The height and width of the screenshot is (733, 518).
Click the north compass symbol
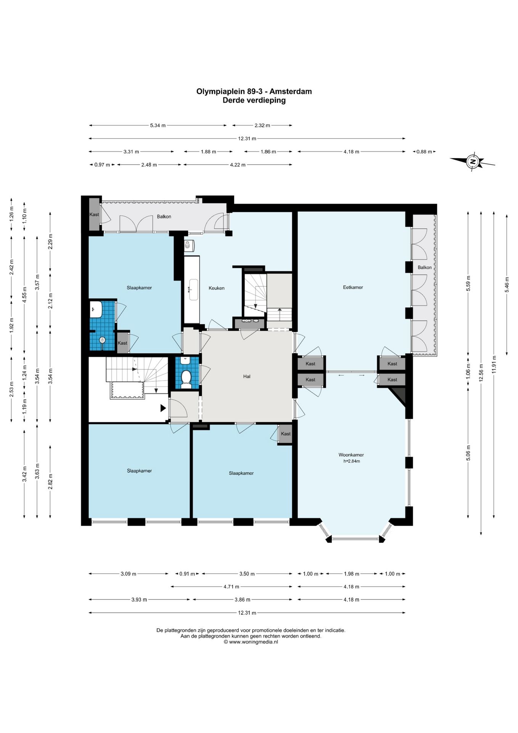pyautogui.click(x=473, y=161)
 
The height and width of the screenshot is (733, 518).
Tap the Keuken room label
pyautogui.click(x=216, y=288)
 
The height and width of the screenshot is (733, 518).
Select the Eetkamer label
pyautogui.click(x=353, y=287)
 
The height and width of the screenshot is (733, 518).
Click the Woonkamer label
pyautogui.click(x=351, y=455)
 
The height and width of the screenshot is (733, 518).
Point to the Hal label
pyautogui.click(x=247, y=376)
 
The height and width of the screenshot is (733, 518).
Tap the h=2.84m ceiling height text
pyautogui.click(x=351, y=461)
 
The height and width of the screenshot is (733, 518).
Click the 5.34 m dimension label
pyautogui.click(x=158, y=125)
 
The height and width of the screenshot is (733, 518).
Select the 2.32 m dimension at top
pyautogui.click(x=262, y=125)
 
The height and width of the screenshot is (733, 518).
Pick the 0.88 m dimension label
pyautogui.click(x=424, y=152)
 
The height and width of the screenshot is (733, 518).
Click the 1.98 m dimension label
pyautogui.click(x=351, y=574)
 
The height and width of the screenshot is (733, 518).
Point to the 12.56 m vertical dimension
pyautogui.click(x=481, y=373)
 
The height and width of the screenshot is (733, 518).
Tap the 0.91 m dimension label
pyautogui.click(x=187, y=574)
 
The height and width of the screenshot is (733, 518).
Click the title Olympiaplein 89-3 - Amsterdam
pyautogui.click(x=254, y=92)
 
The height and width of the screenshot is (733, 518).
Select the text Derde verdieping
pyautogui.click(x=254, y=100)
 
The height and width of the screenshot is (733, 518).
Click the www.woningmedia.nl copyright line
pyautogui.click(x=251, y=642)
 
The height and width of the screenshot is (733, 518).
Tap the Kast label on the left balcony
pyautogui.click(x=94, y=214)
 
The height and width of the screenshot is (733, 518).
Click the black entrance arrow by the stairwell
pyautogui.click(x=163, y=408)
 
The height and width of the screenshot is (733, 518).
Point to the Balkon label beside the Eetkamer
pyautogui.click(x=425, y=267)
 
